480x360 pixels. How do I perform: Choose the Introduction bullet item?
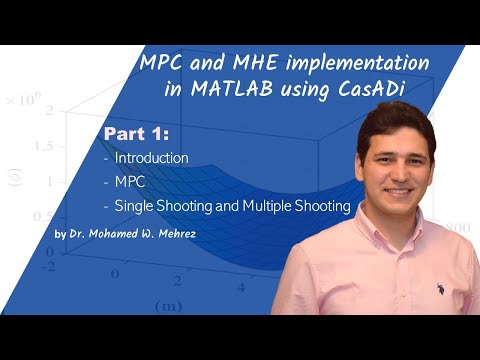pos(151,158)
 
